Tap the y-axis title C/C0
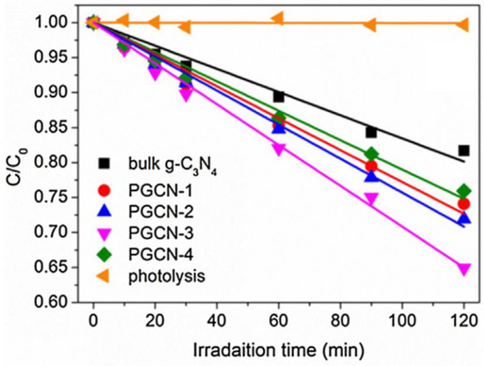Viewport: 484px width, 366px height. (16, 160)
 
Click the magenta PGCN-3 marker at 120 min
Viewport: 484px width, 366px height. (464, 269)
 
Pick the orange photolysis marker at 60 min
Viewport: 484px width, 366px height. (278, 18)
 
